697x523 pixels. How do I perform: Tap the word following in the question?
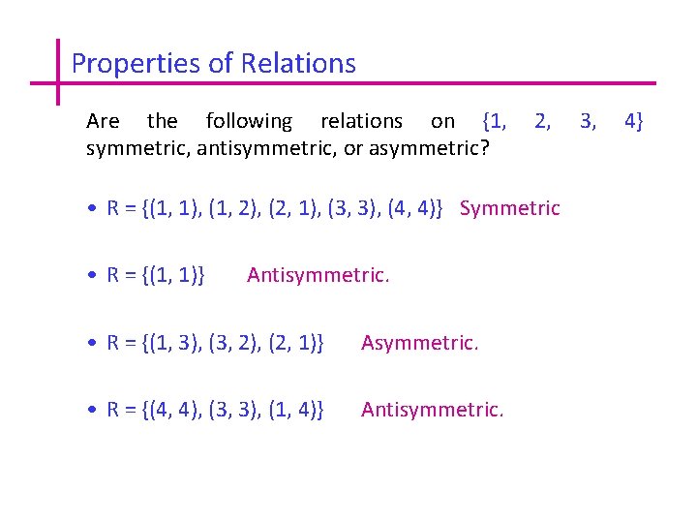[249, 121]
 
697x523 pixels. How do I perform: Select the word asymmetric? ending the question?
[434, 150]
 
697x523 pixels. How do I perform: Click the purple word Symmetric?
[510, 208]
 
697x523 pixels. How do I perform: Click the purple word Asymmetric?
[419, 342]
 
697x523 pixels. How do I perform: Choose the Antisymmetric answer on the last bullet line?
[432, 410]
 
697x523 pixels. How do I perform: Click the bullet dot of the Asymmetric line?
[89, 343]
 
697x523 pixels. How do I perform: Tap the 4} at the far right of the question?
[634, 121]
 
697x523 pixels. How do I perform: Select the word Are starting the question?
[103, 121]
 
